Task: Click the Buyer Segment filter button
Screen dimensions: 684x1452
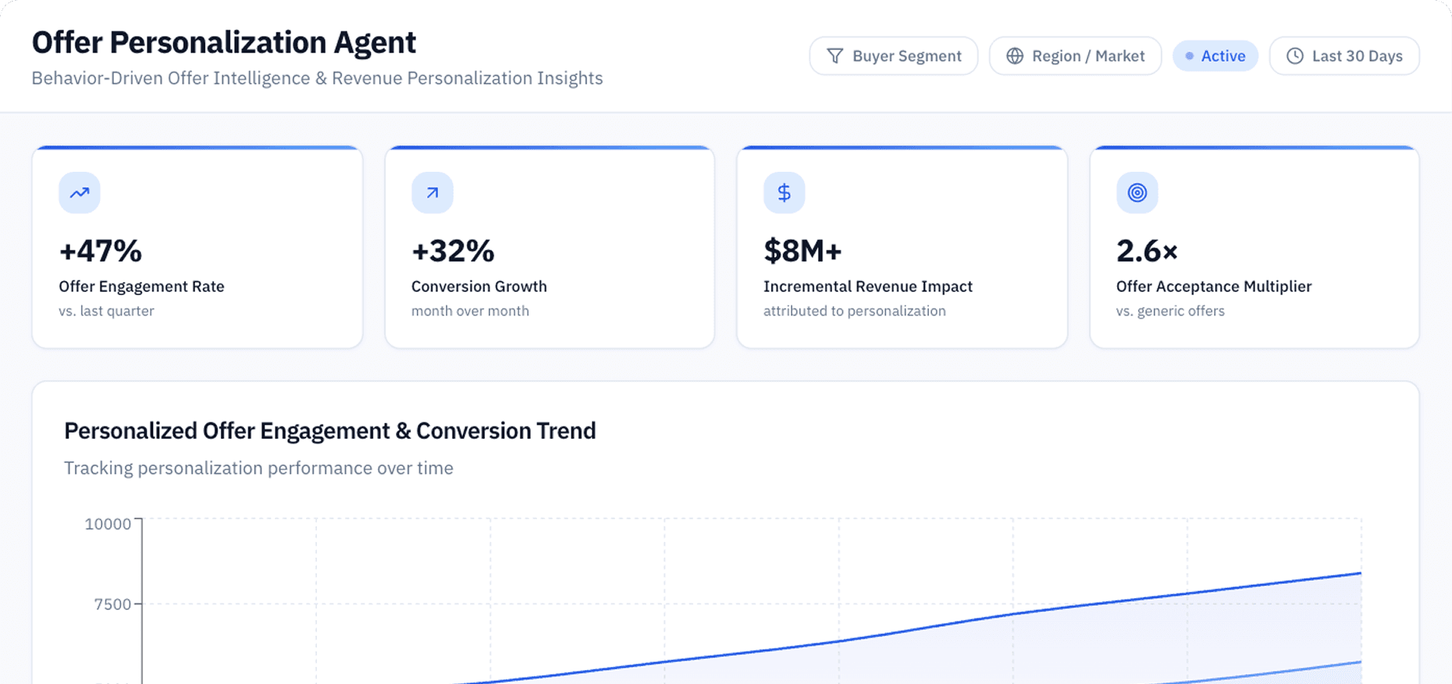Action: tap(893, 56)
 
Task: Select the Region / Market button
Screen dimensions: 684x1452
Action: tap(1075, 56)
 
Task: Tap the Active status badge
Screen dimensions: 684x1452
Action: tap(1215, 56)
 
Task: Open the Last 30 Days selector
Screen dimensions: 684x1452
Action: tap(1343, 56)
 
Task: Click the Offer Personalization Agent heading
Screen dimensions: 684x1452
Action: tap(224, 42)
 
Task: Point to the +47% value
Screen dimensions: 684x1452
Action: tap(101, 251)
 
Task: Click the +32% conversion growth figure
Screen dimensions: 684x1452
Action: tap(453, 251)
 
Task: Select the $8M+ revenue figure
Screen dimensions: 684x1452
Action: tap(803, 251)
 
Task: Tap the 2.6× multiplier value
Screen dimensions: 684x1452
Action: tap(1147, 251)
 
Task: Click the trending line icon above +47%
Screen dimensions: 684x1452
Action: tap(80, 193)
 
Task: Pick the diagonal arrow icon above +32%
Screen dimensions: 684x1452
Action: tap(432, 193)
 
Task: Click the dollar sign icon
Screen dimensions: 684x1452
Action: tap(785, 193)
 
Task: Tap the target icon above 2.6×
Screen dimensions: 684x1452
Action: tap(1137, 193)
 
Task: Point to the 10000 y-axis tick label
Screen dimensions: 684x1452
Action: tap(108, 524)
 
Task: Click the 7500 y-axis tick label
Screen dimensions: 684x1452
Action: tap(112, 604)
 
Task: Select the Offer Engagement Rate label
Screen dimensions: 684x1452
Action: tap(141, 287)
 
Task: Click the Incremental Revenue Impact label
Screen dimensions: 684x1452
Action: tap(867, 287)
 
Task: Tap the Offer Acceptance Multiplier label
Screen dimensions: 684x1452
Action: tap(1213, 287)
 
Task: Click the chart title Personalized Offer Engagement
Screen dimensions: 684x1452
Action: tap(329, 431)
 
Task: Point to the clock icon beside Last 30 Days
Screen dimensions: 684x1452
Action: tap(1295, 56)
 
